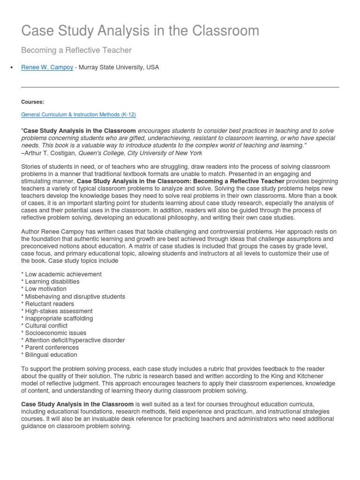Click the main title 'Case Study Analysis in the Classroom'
point(140,31)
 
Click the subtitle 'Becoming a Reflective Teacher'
point(76,50)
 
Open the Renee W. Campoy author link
point(47,67)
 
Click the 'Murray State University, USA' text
point(119,67)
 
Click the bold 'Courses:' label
point(32,101)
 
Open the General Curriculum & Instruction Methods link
point(79,114)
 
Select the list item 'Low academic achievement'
point(63,274)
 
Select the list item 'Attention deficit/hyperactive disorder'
point(75,340)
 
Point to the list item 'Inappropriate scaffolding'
point(59,318)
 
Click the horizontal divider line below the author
point(180,87)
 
